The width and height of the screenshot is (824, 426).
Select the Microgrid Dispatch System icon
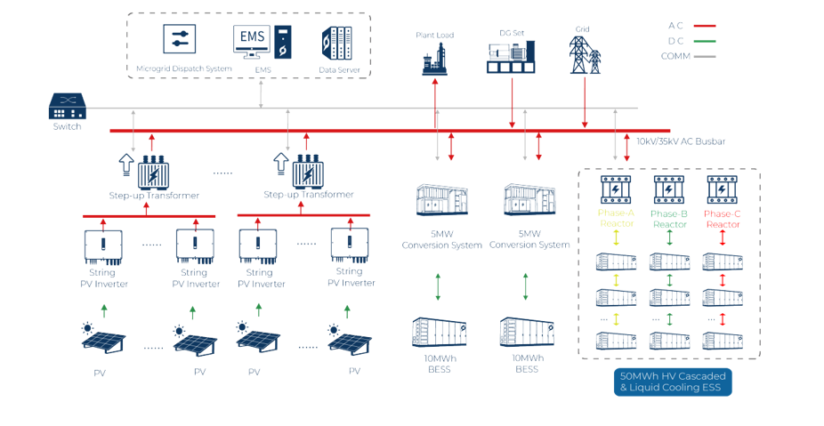[x=182, y=41]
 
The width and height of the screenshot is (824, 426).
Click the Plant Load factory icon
[x=434, y=58]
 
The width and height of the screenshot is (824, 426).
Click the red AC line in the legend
[x=704, y=26]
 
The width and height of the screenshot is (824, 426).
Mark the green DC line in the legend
[x=704, y=41]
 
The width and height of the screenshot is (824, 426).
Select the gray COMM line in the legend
[x=704, y=55]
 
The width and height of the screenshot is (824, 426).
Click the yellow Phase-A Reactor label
[x=616, y=219]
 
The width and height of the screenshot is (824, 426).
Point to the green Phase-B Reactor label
[x=668, y=219]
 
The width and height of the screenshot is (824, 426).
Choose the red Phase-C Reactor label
[x=722, y=219]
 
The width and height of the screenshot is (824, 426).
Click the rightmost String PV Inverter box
[x=351, y=245]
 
